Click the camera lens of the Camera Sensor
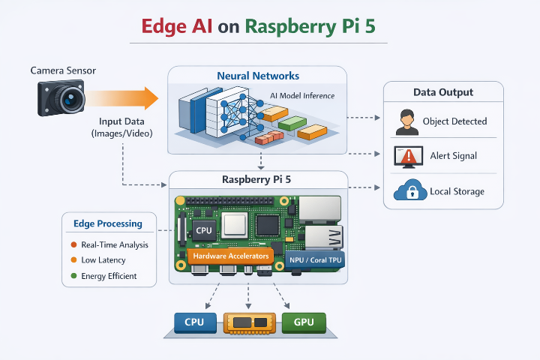tap(72, 99)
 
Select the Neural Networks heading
tap(257, 76)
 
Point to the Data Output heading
tap(443, 92)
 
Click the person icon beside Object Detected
tap(406, 121)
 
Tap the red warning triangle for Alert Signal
tap(409, 156)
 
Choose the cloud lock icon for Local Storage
tap(409, 191)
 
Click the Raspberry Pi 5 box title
tap(257, 179)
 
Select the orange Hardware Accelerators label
tap(231, 256)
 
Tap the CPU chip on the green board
tap(203, 229)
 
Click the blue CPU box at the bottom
tap(195, 323)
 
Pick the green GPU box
tap(304, 323)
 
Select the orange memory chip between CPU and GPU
tap(250, 323)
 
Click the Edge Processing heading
tap(108, 223)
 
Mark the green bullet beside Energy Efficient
tap(73, 276)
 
